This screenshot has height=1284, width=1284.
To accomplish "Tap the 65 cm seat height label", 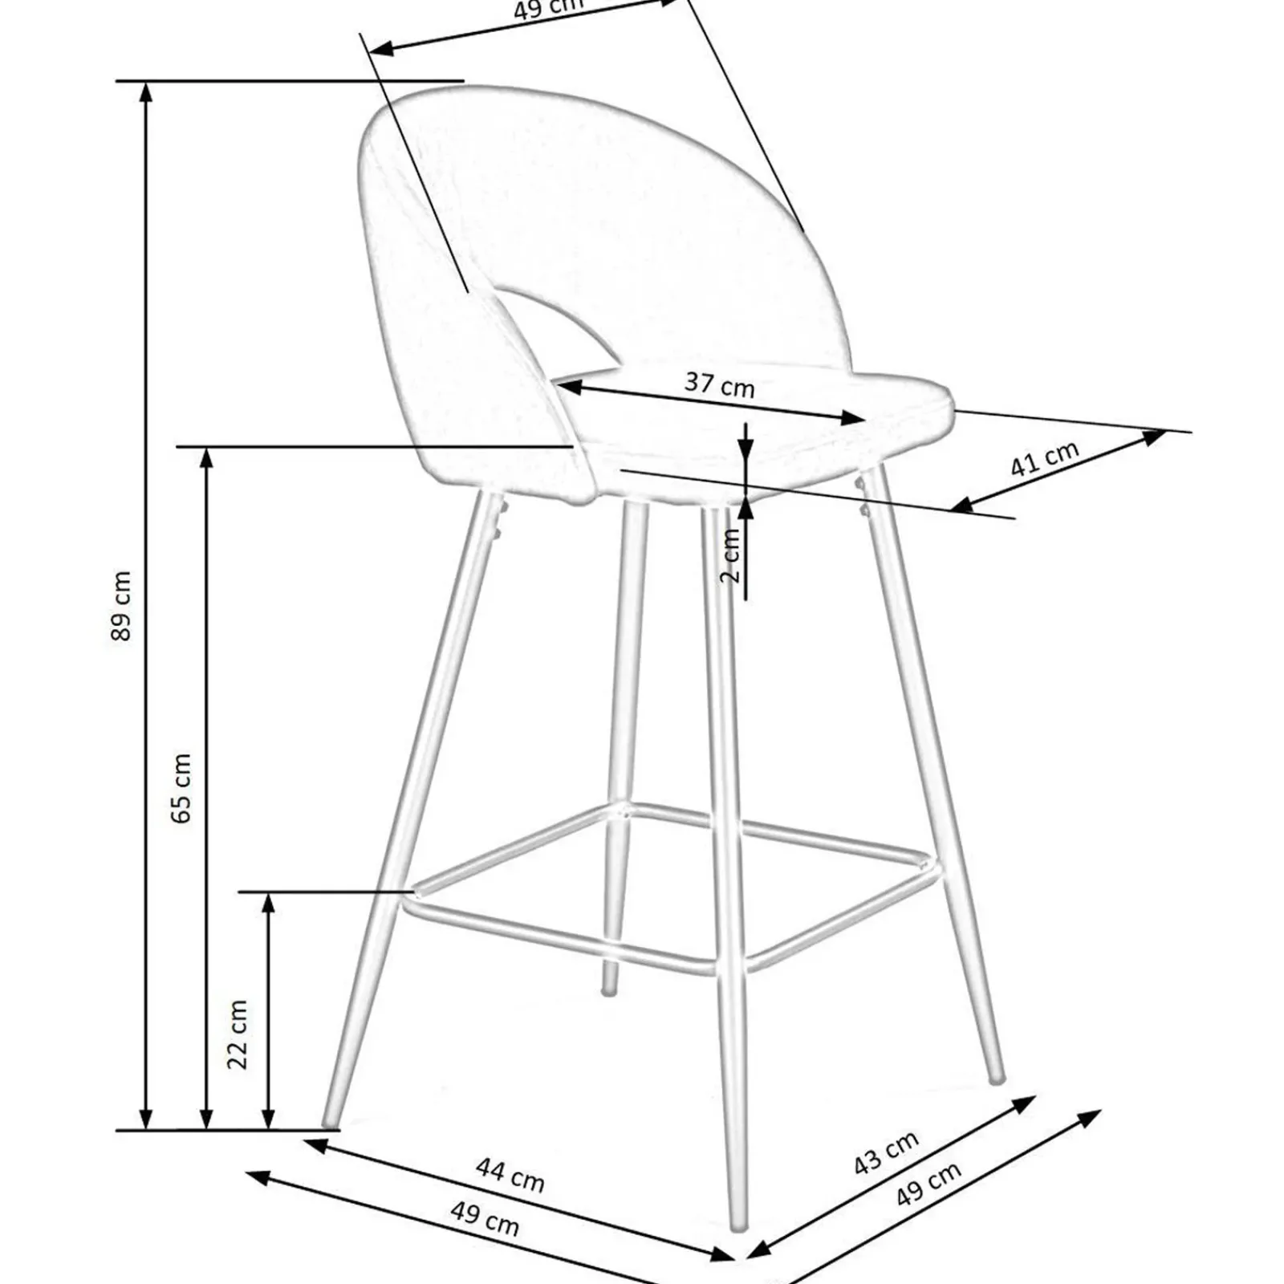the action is tap(181, 788).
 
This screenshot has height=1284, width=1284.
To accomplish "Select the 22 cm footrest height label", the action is tap(238, 1034).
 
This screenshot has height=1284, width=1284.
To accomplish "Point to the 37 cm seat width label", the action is tap(719, 384).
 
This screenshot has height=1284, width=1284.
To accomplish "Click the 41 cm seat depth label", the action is tap(1043, 458).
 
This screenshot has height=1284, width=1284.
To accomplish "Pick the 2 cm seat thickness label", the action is tap(731, 555).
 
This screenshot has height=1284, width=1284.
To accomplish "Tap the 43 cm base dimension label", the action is tap(885, 1153).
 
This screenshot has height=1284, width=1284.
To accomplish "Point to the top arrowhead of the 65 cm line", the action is tap(206, 458).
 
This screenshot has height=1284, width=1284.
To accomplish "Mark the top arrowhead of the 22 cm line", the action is tap(269, 904).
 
